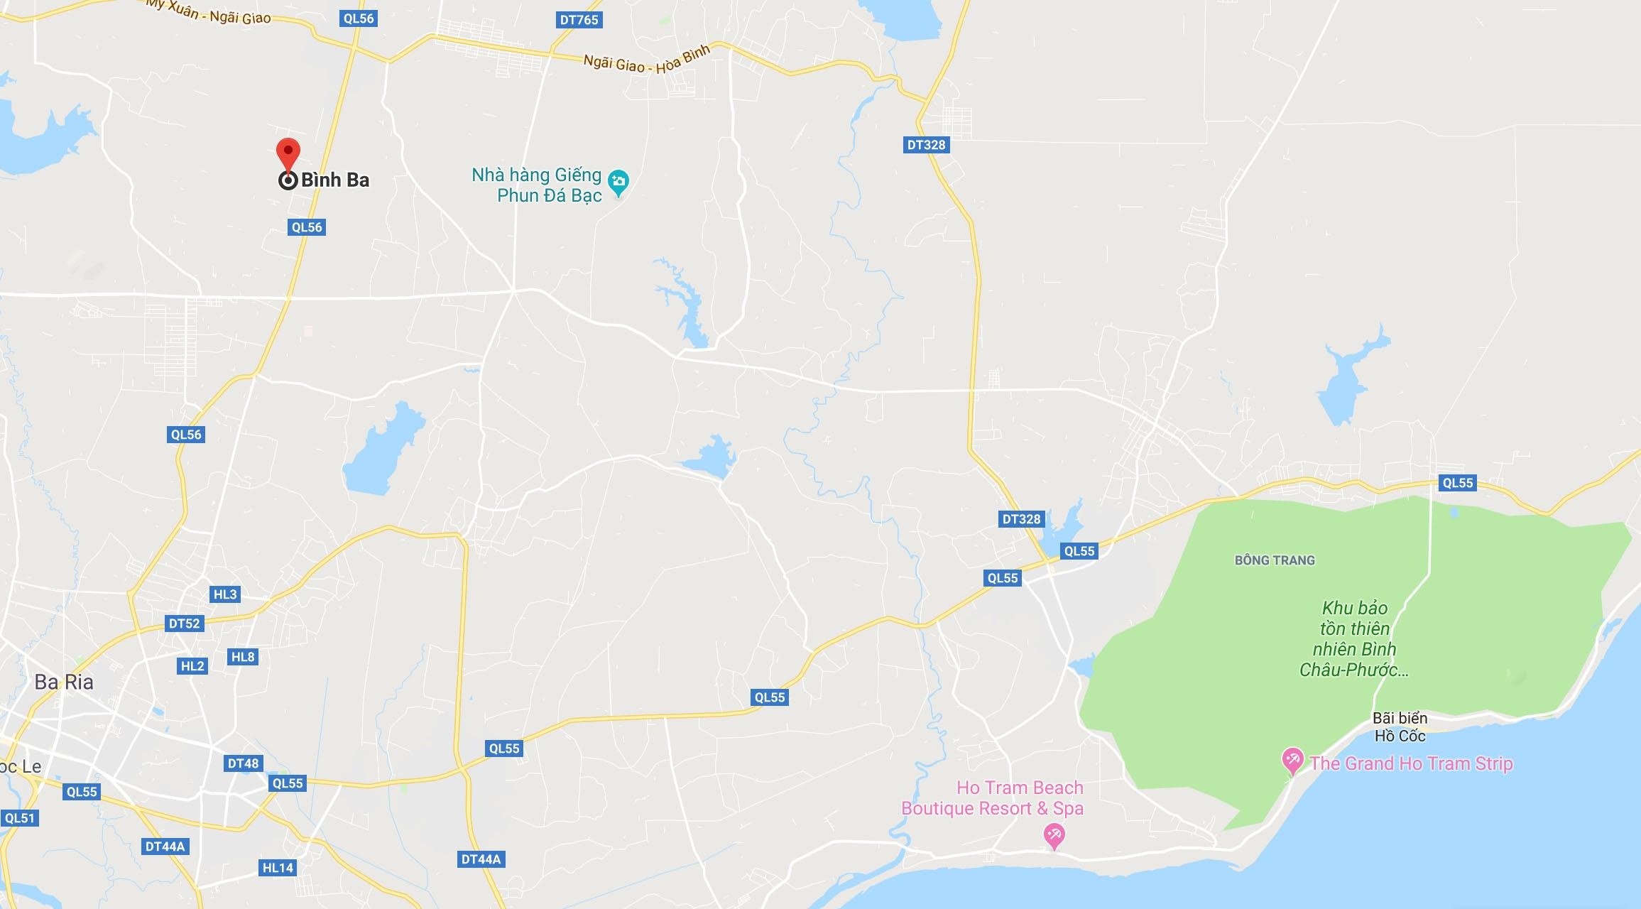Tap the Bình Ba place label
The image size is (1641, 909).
[334, 180]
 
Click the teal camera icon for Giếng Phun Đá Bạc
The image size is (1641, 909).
[618, 182]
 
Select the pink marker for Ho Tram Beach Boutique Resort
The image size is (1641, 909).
[1054, 834]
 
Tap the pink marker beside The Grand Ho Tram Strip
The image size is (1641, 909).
[1292, 761]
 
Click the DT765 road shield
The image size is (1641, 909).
[579, 20]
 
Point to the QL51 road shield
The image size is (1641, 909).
[19, 818]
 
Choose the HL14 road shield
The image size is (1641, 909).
[278, 868]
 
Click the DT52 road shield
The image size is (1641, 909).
[184, 624]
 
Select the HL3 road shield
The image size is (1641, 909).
[225, 594]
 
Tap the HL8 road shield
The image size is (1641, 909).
[243, 657]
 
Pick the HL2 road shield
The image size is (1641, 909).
[192, 666]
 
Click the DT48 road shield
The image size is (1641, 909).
[243, 764]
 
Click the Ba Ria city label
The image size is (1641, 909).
[64, 682]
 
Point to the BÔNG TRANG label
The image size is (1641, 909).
[1275, 560]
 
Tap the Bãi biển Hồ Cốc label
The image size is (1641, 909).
[1400, 726]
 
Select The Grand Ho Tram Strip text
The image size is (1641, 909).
[1412, 763]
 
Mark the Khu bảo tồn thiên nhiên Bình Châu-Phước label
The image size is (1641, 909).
[1354, 638]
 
